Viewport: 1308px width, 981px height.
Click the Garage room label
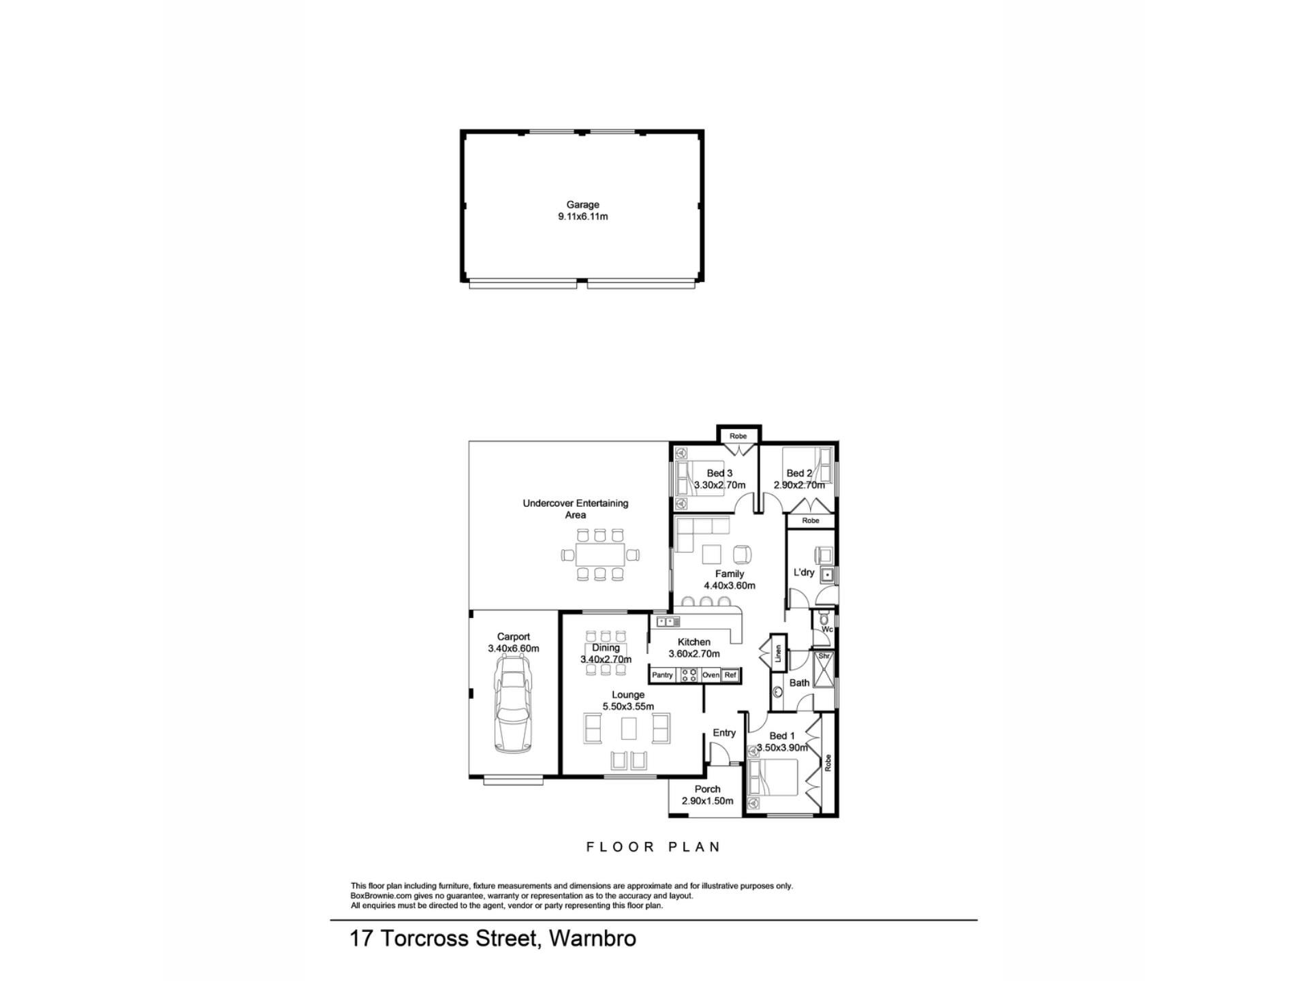(x=583, y=204)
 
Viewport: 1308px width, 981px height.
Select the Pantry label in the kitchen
(x=662, y=675)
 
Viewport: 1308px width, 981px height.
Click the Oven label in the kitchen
(x=711, y=675)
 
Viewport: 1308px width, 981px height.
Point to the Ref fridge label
(x=730, y=675)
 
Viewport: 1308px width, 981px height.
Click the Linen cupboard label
(x=778, y=653)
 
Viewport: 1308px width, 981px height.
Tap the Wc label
(x=827, y=629)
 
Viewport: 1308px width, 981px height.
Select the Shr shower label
(x=824, y=656)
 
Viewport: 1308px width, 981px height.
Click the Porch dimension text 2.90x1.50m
(x=708, y=801)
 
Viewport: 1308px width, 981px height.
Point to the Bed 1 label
(x=782, y=736)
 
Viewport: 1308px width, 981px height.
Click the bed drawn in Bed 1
(x=773, y=778)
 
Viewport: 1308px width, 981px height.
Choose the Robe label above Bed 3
(x=738, y=436)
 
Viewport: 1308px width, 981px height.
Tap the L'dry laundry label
(x=804, y=572)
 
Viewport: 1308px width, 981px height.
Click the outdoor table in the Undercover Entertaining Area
(x=599, y=555)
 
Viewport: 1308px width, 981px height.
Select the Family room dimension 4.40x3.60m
(x=730, y=585)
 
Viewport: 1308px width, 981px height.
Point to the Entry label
(x=724, y=733)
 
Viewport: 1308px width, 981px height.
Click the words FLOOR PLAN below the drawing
(x=653, y=847)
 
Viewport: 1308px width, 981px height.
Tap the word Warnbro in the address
(x=593, y=939)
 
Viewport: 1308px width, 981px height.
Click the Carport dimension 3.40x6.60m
(x=514, y=649)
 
